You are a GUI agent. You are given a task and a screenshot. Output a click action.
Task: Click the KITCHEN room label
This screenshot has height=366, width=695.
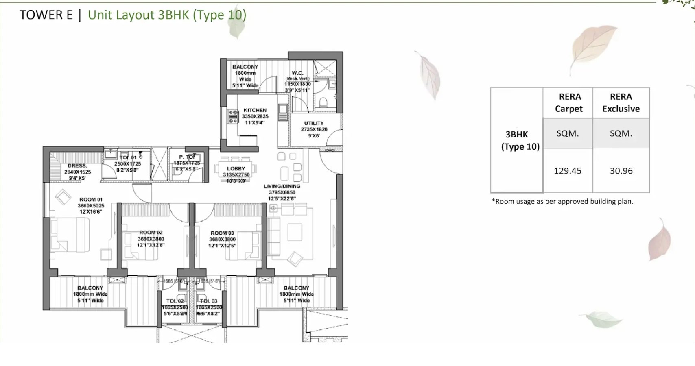pos(255,110)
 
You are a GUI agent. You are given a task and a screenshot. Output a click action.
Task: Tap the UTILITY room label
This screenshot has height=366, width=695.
pos(314,123)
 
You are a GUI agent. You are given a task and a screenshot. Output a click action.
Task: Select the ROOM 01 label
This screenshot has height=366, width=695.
pos(91,200)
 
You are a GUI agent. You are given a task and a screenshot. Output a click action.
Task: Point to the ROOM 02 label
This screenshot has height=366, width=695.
pos(151,233)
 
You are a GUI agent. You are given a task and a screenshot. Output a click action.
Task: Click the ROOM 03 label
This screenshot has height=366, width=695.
pos(222,233)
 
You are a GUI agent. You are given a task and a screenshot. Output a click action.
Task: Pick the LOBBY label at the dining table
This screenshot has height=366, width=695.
pos(236,168)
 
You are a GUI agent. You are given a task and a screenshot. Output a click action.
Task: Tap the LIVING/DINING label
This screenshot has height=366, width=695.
pos(282,186)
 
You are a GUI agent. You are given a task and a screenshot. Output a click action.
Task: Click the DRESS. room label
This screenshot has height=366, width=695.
pos(77,166)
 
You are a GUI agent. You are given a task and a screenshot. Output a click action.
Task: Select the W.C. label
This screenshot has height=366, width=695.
pos(297,73)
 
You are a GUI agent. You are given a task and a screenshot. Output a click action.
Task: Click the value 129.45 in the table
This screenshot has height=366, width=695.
pos(568,171)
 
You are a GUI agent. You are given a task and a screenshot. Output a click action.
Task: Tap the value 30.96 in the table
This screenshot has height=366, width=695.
pos(621,171)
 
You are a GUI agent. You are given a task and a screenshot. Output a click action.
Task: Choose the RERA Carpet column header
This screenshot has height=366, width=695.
pos(569,102)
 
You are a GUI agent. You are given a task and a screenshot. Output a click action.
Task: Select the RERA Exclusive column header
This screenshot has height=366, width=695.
pos(621,102)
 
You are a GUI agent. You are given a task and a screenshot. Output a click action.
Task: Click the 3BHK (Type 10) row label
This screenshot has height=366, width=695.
pos(520,140)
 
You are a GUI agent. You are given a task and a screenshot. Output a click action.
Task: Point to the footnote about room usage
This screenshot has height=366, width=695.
pos(562,201)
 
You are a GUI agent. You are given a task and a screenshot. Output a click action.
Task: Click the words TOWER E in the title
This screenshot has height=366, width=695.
pos(46,15)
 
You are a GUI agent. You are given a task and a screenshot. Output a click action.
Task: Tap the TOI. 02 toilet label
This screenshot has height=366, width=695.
pos(175,301)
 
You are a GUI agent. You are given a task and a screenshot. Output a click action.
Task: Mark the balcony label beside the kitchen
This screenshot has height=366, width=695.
pos(245,67)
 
